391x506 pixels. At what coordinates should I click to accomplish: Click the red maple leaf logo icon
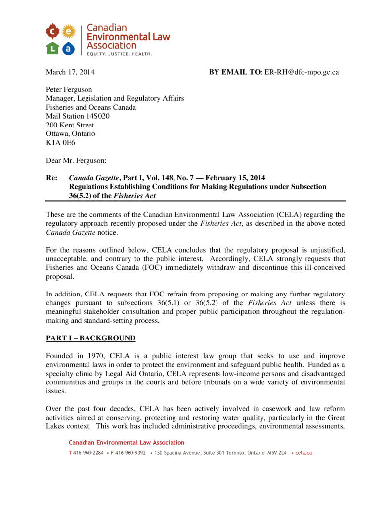tap(52, 32)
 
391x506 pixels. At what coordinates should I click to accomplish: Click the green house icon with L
tap(52, 48)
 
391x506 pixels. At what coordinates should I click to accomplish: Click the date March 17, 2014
tap(70, 72)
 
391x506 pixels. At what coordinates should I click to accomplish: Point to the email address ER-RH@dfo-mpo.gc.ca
tap(302, 72)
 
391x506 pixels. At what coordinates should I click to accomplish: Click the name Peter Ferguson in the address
tap(69, 90)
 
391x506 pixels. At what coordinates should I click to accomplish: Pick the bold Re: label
tap(51, 178)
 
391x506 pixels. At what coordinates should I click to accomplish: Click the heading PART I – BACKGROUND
tap(90, 338)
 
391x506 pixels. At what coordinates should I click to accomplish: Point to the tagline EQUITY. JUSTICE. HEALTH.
tap(119, 54)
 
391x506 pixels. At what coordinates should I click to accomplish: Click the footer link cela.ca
tap(304, 453)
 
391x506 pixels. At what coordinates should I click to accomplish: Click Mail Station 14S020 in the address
tap(78, 116)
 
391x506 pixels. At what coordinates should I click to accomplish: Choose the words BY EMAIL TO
tap(235, 72)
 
